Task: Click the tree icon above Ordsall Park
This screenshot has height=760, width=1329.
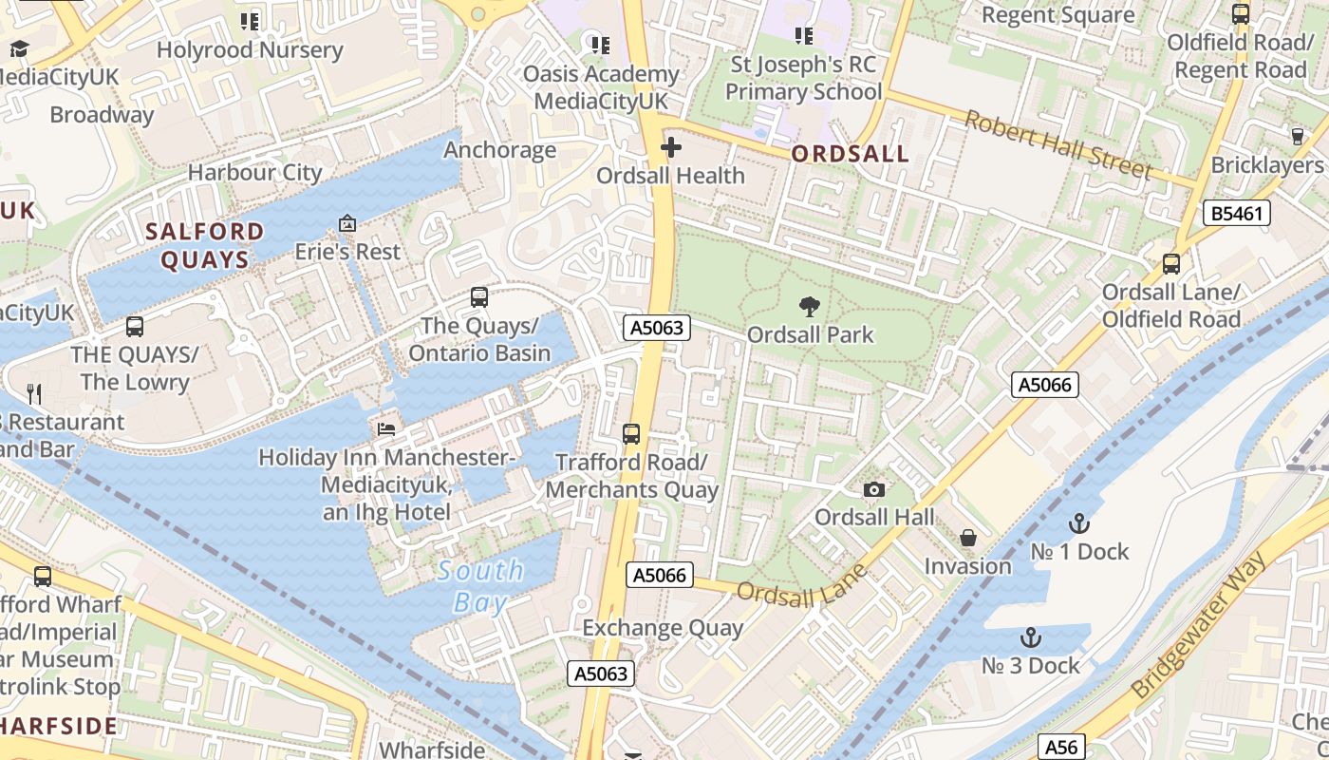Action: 810,306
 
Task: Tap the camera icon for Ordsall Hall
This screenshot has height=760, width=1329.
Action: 874,489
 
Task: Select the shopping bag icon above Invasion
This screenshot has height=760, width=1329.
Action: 968,538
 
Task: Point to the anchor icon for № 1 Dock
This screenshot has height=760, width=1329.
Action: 1078,523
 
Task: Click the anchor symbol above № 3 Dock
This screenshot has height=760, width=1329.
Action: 1031,637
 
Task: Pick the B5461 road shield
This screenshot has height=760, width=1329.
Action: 1237,213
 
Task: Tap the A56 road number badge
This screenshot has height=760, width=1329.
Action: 1060,747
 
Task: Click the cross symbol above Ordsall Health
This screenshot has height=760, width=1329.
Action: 671,147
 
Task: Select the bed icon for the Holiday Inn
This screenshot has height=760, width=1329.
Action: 386,428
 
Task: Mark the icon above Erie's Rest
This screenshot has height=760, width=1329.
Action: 347,224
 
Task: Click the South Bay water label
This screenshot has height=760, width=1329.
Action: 480,585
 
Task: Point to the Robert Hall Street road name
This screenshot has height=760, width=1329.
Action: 1058,144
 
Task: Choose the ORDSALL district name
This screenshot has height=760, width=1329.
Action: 850,154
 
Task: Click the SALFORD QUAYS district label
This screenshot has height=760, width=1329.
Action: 205,245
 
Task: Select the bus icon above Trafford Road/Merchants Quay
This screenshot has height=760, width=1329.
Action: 631,434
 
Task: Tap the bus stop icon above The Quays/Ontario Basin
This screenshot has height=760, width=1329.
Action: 479,297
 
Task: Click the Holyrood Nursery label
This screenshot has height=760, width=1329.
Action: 250,49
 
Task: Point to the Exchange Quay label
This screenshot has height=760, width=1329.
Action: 663,628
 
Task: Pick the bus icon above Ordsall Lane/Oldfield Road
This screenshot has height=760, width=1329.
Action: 1171,264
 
